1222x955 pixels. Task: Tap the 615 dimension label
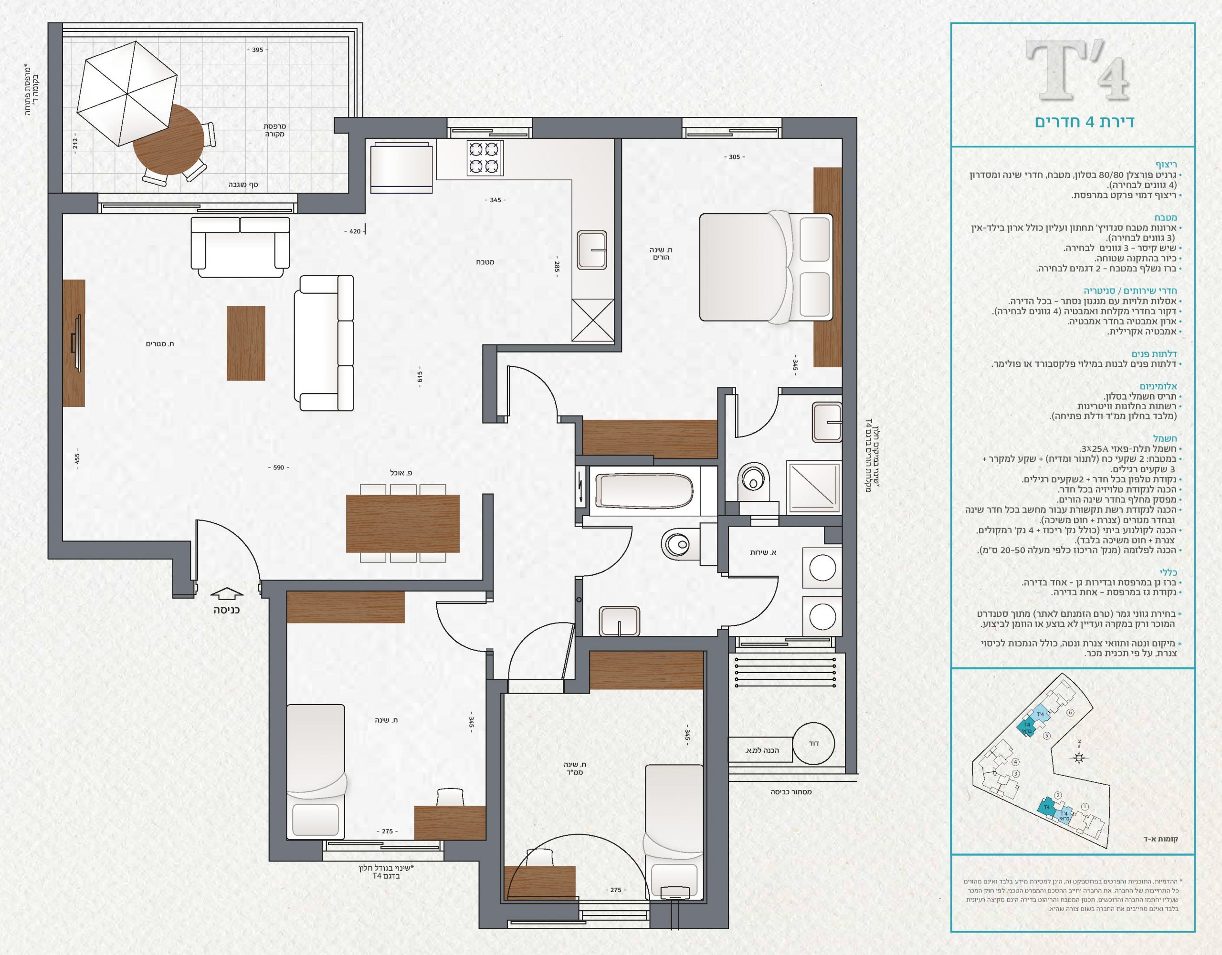click(420, 377)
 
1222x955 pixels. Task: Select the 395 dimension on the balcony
click(257, 50)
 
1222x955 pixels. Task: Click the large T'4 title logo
click(1076, 72)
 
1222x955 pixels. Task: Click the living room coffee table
click(246, 343)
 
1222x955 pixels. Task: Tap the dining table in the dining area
click(403, 523)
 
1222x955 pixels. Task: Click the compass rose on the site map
click(1078, 758)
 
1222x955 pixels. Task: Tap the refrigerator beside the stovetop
click(400, 166)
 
